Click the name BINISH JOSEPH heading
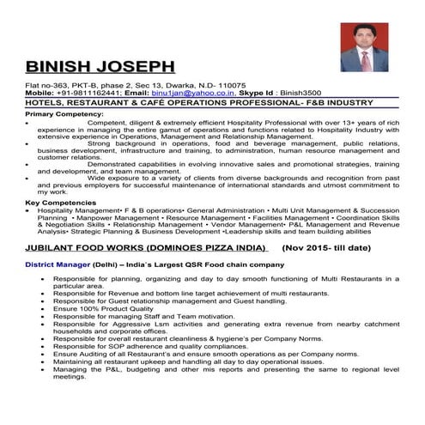point(100,66)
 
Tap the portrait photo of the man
point(364,47)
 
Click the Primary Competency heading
point(64,113)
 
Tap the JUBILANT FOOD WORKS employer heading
point(148,246)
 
